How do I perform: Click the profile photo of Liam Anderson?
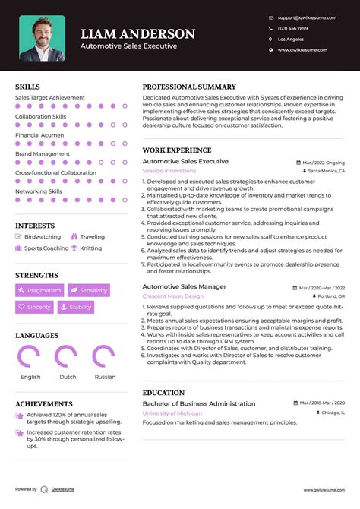coord(43,38)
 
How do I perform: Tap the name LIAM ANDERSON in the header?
coord(137,34)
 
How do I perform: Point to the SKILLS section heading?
coord(28,87)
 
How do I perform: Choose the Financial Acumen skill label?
coord(39,135)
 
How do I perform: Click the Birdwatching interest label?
coord(42,237)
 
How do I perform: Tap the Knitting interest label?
coord(90,248)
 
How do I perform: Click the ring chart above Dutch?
coord(68,357)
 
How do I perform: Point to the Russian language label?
coord(105,377)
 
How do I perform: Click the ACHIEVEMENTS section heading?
coord(44,404)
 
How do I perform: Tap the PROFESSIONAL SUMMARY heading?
coord(189,87)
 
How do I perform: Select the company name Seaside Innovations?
coord(169,171)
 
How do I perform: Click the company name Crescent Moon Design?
coord(172,296)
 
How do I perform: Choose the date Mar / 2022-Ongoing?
coord(323,163)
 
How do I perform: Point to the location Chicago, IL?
coord(332,413)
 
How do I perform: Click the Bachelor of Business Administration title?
coord(199,403)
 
